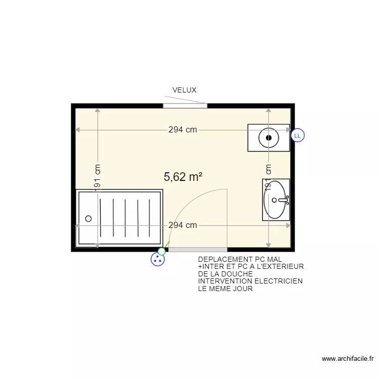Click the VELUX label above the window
click(x=184, y=90)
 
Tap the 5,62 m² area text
click(x=183, y=177)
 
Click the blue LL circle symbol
click(x=298, y=135)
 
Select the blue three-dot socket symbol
click(x=158, y=260)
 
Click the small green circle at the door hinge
click(x=162, y=251)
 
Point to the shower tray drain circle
click(x=88, y=219)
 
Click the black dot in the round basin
click(x=269, y=137)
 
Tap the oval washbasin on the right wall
click(x=275, y=200)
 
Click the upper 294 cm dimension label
click(x=182, y=130)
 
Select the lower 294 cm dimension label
click(x=182, y=225)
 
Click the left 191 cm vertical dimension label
click(x=98, y=177)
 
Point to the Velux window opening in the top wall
click(x=185, y=106)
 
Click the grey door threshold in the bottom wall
click(x=198, y=250)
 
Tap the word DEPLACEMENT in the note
click(x=221, y=260)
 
